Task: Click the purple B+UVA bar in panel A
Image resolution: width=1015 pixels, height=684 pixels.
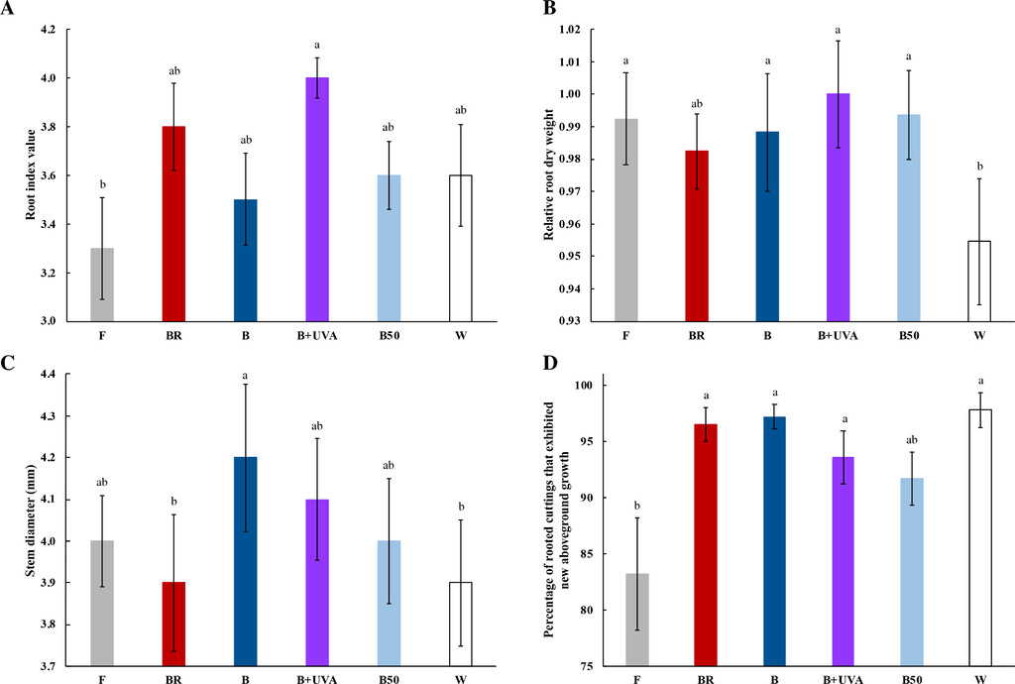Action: tap(317, 199)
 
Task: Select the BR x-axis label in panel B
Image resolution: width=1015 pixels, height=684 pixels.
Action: tap(697, 335)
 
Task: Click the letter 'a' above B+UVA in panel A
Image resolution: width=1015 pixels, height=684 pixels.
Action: tap(317, 45)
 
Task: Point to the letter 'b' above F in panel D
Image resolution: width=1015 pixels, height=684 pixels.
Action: tap(636, 504)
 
